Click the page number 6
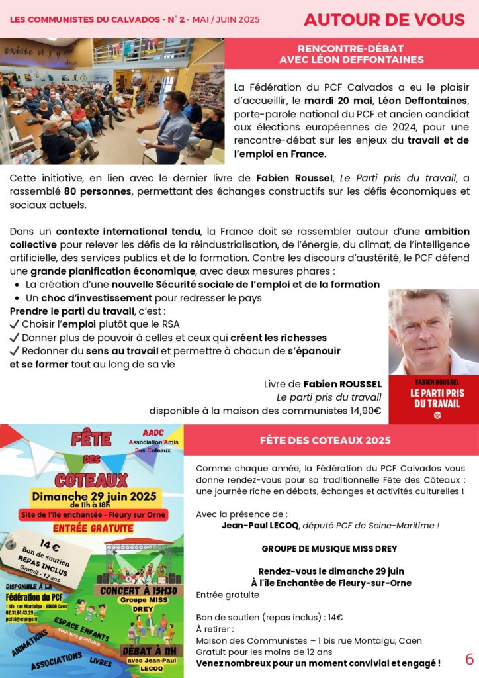(x=470, y=659)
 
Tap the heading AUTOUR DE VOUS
(x=384, y=20)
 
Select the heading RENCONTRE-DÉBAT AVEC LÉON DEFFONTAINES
(x=351, y=54)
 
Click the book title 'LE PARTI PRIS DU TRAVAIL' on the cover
(x=433, y=397)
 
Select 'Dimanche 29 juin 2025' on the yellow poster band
(x=93, y=496)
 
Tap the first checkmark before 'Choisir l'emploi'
(x=15, y=324)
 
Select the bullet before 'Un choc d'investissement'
(x=16, y=298)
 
